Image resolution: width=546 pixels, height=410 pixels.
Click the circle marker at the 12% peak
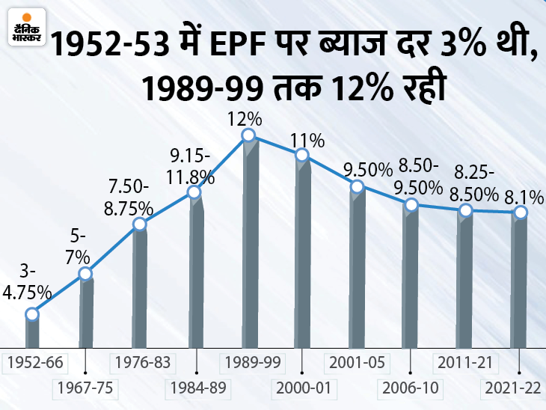pyautogui.click(x=248, y=135)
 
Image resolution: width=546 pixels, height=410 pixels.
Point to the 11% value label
pyautogui.click(x=307, y=140)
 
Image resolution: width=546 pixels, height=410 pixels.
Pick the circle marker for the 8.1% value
pyautogui.click(x=520, y=212)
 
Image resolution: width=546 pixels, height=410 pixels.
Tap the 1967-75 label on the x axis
pyautogui.click(x=86, y=388)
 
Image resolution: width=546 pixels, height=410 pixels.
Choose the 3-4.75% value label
pyautogui.click(x=27, y=281)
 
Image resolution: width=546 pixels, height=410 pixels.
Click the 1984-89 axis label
pyautogui.click(x=195, y=388)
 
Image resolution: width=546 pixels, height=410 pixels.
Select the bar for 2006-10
pyautogui.click(x=411, y=277)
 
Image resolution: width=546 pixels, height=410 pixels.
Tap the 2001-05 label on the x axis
pyautogui.click(x=357, y=364)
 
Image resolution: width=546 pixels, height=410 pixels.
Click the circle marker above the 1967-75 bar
pyautogui.click(x=86, y=275)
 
